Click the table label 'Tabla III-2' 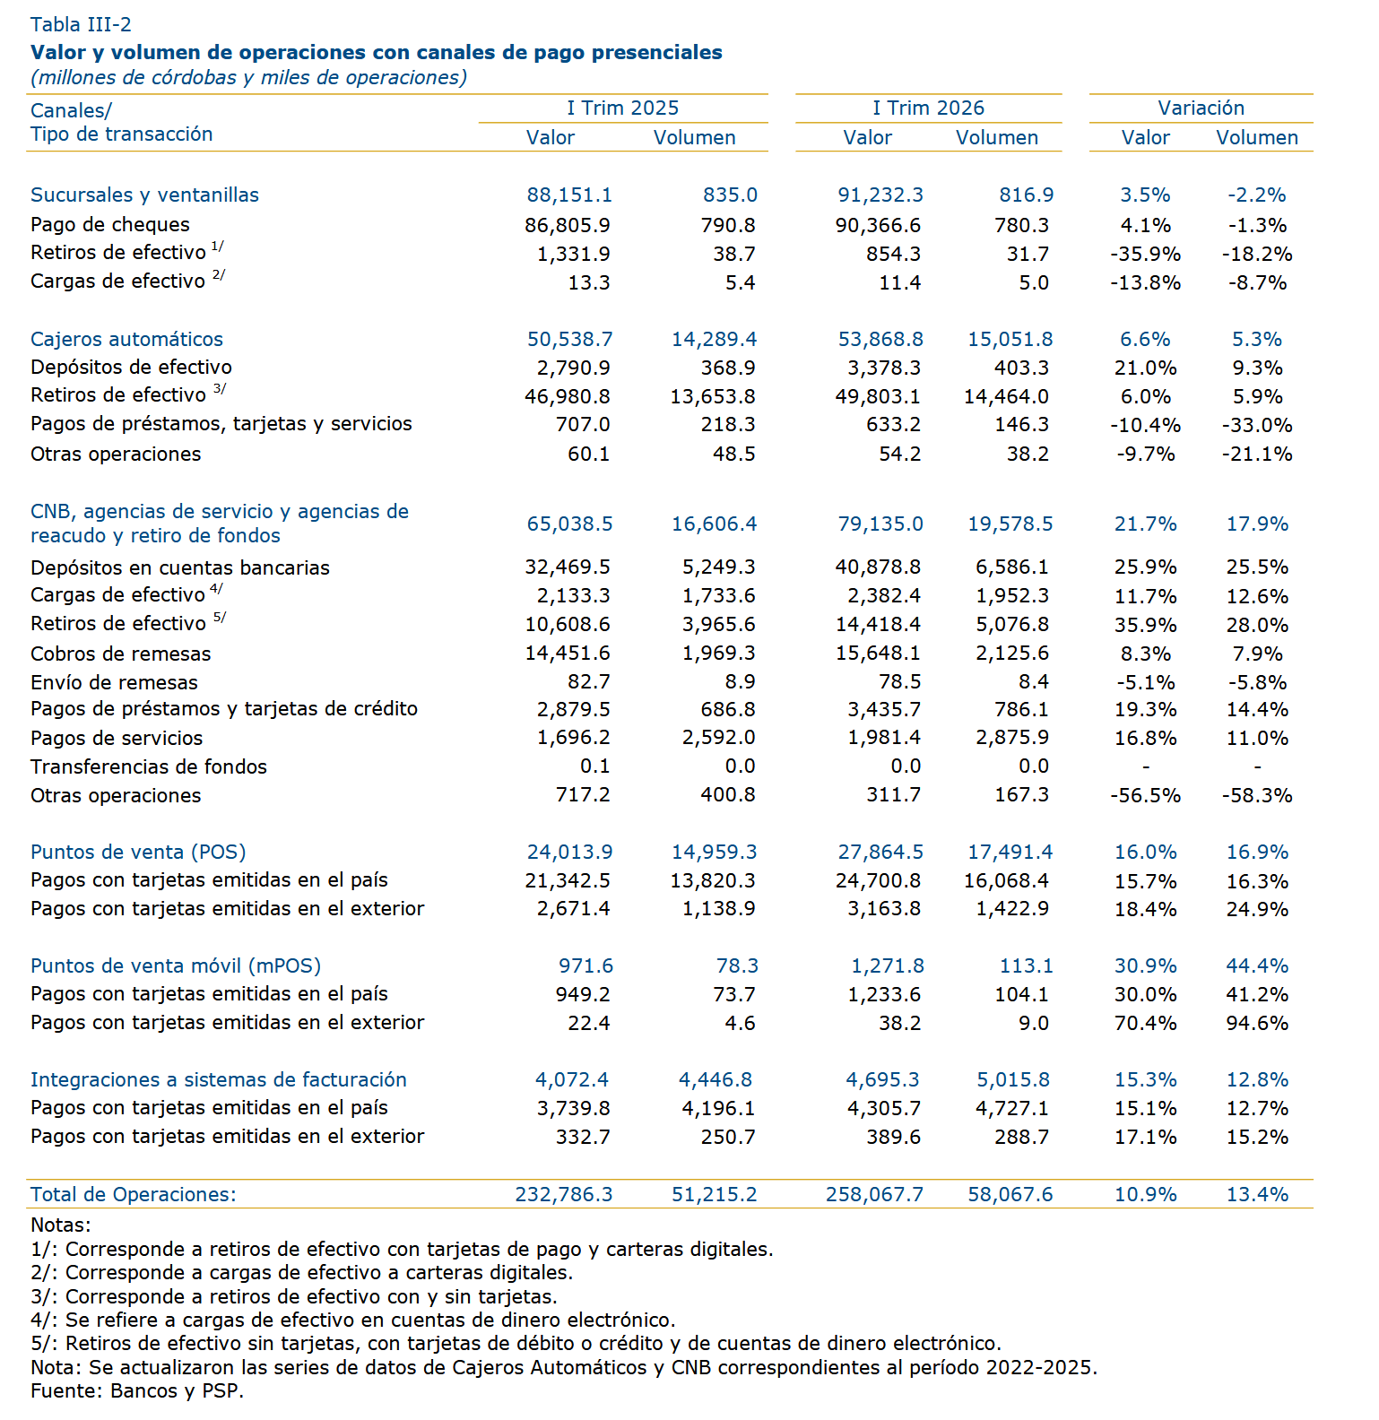81,24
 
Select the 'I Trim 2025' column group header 623,108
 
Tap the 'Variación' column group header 1201,108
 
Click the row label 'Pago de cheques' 110,224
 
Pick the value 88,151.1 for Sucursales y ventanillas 569,195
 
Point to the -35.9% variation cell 1146,254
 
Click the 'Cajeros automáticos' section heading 126,339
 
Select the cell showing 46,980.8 568,395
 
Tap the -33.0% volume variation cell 1257,425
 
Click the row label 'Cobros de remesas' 121,654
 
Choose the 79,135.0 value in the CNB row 880,524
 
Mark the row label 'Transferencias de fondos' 149,766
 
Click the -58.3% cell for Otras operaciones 1257,795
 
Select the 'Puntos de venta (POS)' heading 138,852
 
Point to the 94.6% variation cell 1257,1023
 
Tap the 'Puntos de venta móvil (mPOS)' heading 176,965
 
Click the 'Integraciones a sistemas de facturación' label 219,1079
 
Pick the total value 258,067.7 874,1194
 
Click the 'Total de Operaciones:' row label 134,1194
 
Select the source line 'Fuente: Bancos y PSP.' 137,1390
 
